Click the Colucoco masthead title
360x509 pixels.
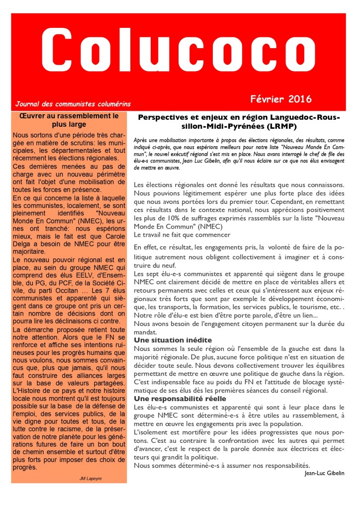pyautogui.click(x=179, y=50)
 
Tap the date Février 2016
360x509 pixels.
pyautogui.click(x=281, y=98)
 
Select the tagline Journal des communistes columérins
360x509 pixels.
pyautogui.click(x=73, y=104)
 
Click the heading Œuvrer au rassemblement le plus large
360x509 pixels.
pyautogui.click(x=69, y=120)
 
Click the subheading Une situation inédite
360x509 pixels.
pyautogui.click(x=173, y=340)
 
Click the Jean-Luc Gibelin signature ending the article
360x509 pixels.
pyautogui.click(x=324, y=473)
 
